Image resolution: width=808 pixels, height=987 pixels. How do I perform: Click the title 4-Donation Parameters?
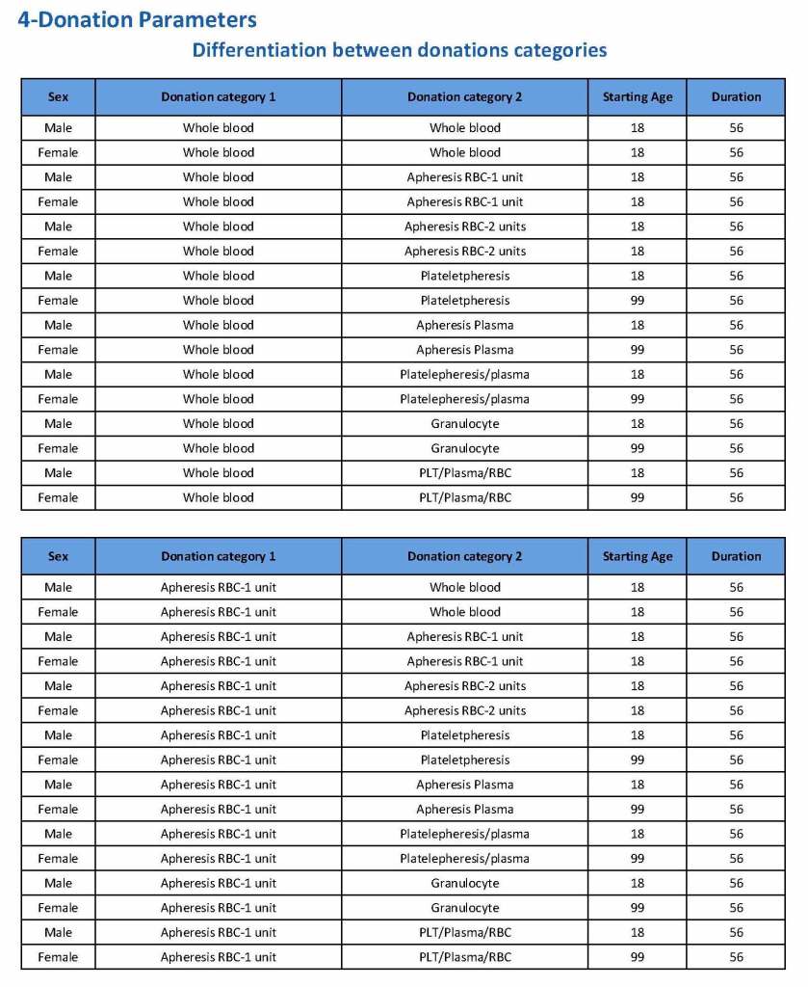point(137,19)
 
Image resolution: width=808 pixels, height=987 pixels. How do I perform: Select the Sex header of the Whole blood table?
point(58,97)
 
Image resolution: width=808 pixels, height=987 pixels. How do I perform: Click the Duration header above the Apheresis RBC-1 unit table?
point(736,556)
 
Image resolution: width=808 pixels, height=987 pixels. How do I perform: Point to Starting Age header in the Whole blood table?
point(638,97)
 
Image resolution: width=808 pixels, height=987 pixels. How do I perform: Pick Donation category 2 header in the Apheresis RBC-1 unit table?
point(464,556)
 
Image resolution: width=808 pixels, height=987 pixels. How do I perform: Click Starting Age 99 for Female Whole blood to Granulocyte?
point(638,448)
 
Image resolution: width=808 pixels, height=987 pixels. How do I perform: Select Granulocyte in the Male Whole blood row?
point(464,423)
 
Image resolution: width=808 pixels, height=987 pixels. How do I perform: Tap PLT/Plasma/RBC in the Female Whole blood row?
point(464,497)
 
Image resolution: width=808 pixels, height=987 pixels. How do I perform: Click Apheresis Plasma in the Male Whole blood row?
point(464,325)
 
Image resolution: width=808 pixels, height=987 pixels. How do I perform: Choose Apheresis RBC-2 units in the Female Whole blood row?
point(464,251)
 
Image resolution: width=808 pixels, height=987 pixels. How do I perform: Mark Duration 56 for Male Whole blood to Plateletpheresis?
point(736,276)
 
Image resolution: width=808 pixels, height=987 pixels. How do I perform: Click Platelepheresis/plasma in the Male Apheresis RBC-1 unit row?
point(464,834)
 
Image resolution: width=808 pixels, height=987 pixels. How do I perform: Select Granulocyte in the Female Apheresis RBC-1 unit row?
point(464,908)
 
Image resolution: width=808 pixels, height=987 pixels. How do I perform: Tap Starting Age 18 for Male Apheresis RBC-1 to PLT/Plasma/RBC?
point(638,932)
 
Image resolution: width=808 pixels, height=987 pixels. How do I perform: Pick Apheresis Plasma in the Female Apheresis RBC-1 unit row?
point(464,809)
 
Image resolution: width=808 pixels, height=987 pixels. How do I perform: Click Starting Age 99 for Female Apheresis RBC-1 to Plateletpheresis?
point(638,760)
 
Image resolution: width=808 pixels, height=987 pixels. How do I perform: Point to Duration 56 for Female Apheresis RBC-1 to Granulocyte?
point(736,908)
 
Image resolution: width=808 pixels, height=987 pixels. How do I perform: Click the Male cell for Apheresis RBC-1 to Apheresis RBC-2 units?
point(58,685)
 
